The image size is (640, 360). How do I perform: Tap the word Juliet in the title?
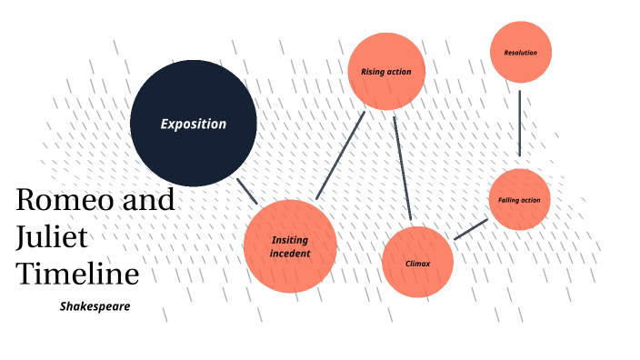click(52, 236)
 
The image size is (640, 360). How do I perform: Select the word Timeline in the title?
click(77, 274)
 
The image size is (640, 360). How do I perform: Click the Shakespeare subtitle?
click(95, 306)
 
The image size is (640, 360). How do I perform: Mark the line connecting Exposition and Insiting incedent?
click(246, 190)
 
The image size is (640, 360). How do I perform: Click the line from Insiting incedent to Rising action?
click(340, 155)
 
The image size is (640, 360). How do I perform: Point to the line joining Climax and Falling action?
click(470, 229)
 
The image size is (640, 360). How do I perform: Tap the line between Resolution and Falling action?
click(519, 123)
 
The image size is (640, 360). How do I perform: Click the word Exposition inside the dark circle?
click(193, 124)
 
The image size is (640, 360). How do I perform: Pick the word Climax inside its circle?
click(417, 264)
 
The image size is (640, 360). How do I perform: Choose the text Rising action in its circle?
click(386, 71)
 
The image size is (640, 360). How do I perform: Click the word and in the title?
click(148, 200)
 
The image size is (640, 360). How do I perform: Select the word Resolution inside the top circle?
click(520, 53)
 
